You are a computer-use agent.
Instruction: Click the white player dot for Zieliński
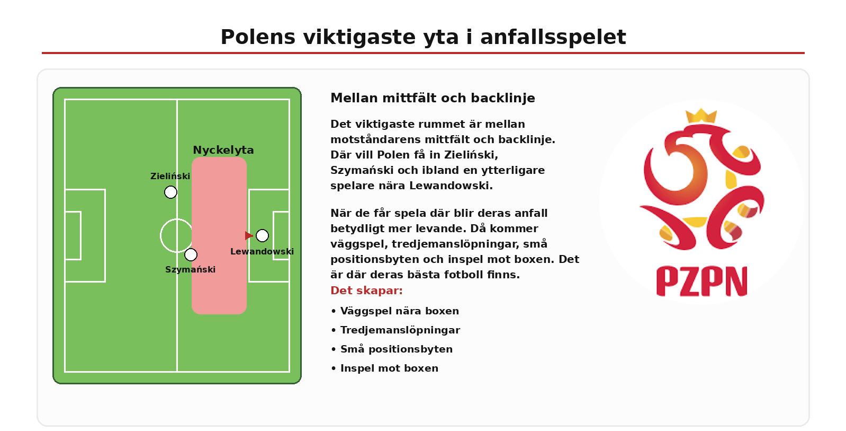click(170, 192)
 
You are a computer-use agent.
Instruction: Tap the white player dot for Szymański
click(191, 255)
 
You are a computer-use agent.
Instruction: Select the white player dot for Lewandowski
click(262, 235)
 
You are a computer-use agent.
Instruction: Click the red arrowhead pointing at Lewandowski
click(249, 235)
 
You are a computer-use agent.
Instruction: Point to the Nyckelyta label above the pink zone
click(223, 150)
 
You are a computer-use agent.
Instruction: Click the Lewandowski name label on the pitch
click(262, 251)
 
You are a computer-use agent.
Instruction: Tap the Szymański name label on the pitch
click(191, 269)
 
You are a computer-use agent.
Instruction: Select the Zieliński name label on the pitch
click(170, 176)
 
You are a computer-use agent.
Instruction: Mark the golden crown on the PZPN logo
click(701, 116)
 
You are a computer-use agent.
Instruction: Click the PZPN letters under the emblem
click(701, 282)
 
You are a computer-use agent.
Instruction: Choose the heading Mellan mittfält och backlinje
click(433, 98)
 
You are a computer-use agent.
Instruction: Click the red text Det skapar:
click(366, 291)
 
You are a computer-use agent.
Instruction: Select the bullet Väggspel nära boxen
click(395, 311)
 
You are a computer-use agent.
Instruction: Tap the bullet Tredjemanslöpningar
click(395, 330)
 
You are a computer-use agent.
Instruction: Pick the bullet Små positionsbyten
click(392, 349)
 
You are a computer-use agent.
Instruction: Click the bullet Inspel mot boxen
click(385, 368)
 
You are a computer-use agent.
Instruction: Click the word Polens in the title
click(258, 37)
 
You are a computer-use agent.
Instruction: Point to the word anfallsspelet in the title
click(553, 38)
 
